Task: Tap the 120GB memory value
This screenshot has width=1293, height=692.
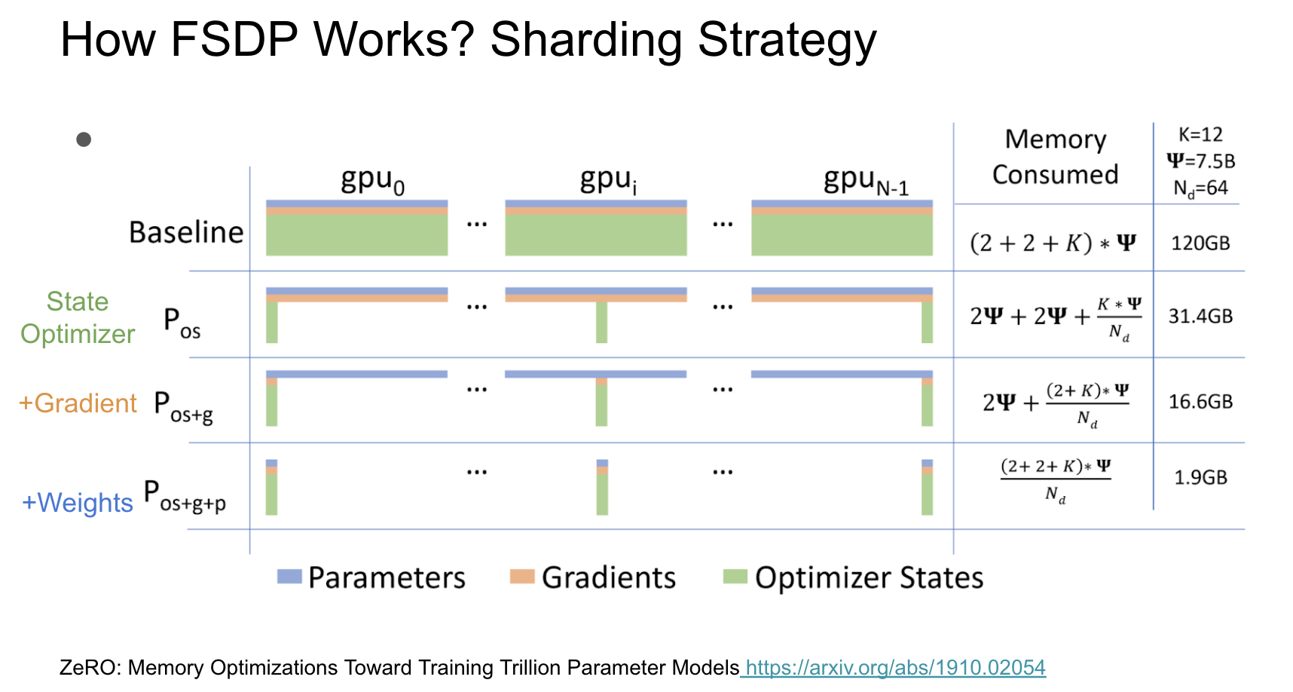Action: click(1200, 243)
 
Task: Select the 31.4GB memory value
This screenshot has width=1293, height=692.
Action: click(1200, 316)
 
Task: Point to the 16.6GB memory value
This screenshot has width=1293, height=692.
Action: click(1200, 402)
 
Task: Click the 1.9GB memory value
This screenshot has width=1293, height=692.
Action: click(1200, 477)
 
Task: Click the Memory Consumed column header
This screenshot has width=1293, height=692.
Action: click(1055, 157)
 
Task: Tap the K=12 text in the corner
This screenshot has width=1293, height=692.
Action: click(1200, 135)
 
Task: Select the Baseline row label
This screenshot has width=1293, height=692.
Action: click(186, 232)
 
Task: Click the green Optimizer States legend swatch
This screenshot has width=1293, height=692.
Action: click(735, 577)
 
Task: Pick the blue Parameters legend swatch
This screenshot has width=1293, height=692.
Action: click(289, 577)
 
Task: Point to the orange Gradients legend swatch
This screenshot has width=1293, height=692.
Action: click(521, 577)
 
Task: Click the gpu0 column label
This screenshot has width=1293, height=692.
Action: click(372, 181)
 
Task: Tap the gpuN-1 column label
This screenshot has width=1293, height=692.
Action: click(866, 181)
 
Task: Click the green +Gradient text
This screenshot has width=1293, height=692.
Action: click(78, 403)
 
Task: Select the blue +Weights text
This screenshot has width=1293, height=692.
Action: click(78, 503)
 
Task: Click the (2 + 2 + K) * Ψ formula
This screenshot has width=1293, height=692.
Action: click(1053, 243)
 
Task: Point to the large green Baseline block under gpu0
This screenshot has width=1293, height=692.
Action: click(356, 235)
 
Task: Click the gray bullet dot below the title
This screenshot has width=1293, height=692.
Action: click(84, 139)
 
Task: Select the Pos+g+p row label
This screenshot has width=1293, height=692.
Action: click(185, 497)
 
